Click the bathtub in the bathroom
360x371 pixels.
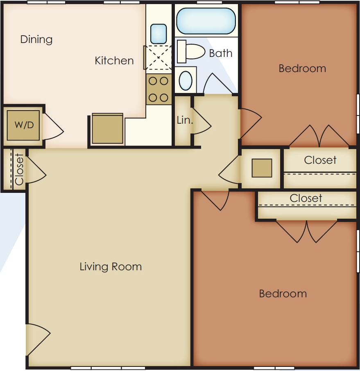pos(206,21)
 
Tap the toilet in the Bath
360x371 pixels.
pos(192,52)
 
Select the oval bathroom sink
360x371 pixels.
pos(186,81)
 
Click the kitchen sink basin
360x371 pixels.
pos(158,34)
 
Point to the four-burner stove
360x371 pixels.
pos(158,89)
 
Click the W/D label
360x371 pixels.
pos(24,125)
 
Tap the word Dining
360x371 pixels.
pos(36,40)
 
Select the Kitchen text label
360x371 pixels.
pos(114,61)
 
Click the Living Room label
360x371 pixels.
pos(111,267)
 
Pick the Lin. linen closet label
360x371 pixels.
pos(185,120)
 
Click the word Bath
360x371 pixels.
pos(220,53)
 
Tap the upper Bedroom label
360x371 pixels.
pos(302,68)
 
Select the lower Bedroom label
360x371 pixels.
pos(283,294)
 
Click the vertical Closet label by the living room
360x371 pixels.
pos(19,169)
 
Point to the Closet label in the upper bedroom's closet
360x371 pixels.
pos(320,160)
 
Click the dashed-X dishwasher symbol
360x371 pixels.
pos(158,58)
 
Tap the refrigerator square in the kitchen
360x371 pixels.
pos(107,129)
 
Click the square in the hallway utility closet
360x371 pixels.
pos(262,168)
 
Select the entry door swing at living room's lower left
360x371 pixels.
pos(37,340)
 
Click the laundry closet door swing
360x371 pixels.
pos(52,127)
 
